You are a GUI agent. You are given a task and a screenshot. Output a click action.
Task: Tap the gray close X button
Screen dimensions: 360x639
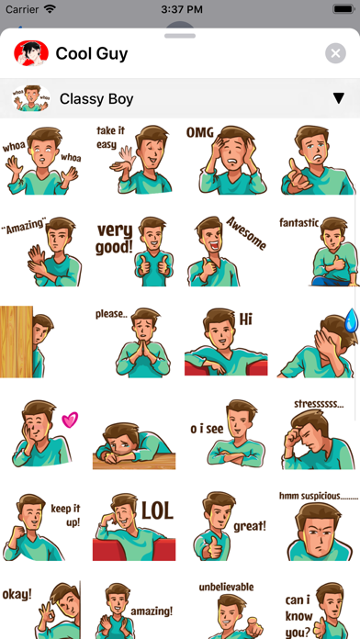point(335,53)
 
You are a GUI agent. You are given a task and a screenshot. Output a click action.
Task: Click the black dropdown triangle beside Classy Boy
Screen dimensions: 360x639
point(338,98)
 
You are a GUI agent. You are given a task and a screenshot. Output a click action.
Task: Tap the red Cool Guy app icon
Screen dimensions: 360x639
point(31,53)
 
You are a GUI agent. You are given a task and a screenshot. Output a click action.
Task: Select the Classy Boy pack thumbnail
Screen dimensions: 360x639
point(31,98)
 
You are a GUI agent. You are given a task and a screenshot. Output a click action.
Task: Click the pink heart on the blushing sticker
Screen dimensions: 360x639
point(70,420)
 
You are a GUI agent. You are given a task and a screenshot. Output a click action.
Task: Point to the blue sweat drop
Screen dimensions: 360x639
point(351,319)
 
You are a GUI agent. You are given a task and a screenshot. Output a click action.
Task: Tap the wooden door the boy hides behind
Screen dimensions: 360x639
point(17,342)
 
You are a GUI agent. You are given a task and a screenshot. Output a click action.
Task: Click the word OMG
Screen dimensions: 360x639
point(200,132)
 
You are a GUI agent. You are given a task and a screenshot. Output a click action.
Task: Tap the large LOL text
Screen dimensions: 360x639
point(157,510)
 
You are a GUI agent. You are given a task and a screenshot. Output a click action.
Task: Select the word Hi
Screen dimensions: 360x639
point(246,319)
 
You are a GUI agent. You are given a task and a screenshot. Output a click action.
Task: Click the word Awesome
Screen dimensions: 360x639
point(246,233)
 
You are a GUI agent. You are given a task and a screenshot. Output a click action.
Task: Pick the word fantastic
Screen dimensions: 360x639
point(298,222)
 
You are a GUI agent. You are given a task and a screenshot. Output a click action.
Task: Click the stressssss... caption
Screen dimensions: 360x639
point(319,404)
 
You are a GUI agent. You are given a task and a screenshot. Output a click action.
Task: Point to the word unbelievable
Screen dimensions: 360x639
point(226,588)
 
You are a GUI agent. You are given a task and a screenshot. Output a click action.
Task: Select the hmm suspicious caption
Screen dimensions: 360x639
point(319,496)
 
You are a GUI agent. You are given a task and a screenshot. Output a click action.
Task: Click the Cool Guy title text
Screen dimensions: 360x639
point(92,53)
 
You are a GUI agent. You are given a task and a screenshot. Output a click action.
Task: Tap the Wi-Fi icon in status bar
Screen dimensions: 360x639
point(50,9)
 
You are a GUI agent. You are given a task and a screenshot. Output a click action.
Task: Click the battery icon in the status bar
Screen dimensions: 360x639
point(343,9)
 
